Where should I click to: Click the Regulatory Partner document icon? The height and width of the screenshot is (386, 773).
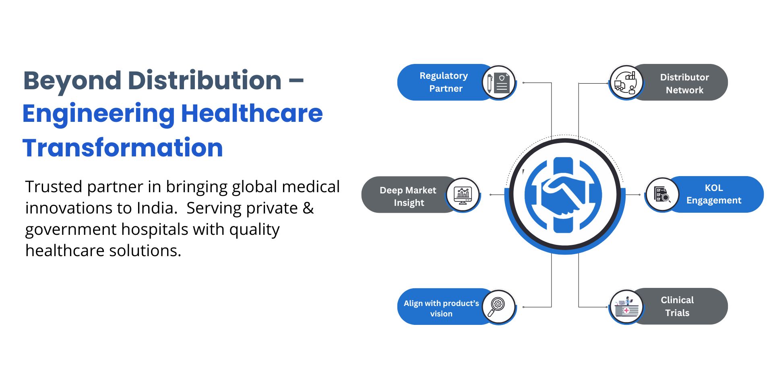(x=499, y=83)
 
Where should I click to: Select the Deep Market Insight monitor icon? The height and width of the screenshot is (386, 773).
(x=463, y=195)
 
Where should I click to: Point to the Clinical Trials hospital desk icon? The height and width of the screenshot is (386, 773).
(x=626, y=307)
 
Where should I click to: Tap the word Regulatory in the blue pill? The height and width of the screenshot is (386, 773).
(x=444, y=76)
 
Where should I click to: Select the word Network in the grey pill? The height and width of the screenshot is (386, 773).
(x=684, y=90)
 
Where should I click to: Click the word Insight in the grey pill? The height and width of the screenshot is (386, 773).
(x=409, y=203)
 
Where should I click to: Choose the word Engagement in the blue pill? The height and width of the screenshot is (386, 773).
(x=714, y=201)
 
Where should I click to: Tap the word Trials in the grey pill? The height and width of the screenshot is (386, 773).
(x=677, y=313)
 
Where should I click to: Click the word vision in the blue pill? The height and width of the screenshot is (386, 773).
(x=441, y=314)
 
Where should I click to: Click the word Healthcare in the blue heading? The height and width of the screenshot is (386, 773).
(x=252, y=113)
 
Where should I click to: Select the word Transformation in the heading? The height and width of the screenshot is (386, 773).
(x=123, y=148)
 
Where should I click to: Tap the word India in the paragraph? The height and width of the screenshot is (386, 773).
(x=155, y=208)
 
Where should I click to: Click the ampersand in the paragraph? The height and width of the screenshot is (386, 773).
(x=308, y=208)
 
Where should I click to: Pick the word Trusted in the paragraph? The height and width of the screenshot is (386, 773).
(x=54, y=187)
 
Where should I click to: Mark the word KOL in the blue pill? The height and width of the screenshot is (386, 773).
(x=714, y=188)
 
